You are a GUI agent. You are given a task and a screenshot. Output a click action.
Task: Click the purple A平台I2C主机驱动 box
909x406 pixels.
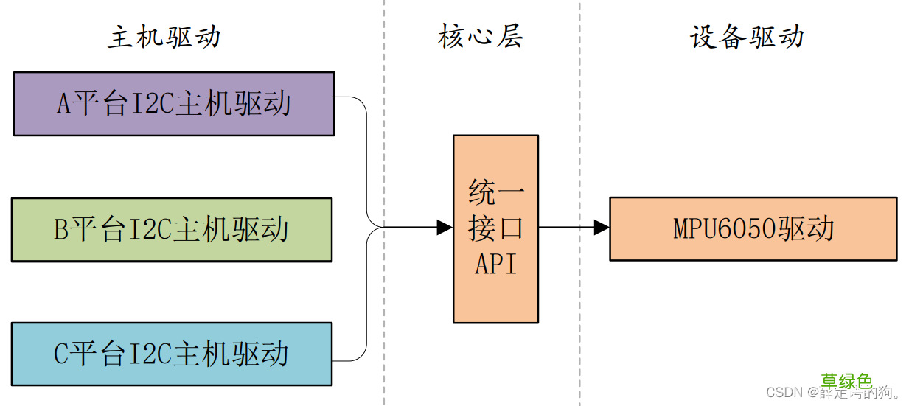click(174, 104)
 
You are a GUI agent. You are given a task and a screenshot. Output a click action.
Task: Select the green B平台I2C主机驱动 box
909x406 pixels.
click(172, 230)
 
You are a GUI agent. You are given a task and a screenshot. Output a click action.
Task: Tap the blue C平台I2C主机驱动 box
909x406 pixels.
click(172, 354)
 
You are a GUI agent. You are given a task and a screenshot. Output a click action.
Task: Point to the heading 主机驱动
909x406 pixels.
click(164, 37)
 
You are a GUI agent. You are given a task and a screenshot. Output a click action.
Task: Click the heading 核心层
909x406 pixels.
click(480, 36)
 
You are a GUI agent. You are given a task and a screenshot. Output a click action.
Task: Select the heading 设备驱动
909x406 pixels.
click(747, 37)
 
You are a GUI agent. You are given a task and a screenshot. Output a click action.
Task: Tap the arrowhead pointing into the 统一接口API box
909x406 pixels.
click(445, 228)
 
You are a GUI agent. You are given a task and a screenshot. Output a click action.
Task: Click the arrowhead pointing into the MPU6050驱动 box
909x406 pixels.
click(602, 228)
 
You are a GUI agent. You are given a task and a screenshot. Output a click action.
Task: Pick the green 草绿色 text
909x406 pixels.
click(847, 381)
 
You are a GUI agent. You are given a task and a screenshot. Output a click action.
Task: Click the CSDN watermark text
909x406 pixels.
click(784, 393)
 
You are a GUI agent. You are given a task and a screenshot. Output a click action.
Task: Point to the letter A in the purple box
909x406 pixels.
click(64, 105)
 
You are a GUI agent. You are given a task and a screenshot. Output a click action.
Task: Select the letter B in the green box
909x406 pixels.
click(62, 231)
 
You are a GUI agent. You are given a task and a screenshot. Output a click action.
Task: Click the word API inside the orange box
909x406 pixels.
click(495, 263)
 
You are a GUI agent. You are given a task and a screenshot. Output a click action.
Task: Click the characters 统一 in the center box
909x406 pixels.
click(495, 194)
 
